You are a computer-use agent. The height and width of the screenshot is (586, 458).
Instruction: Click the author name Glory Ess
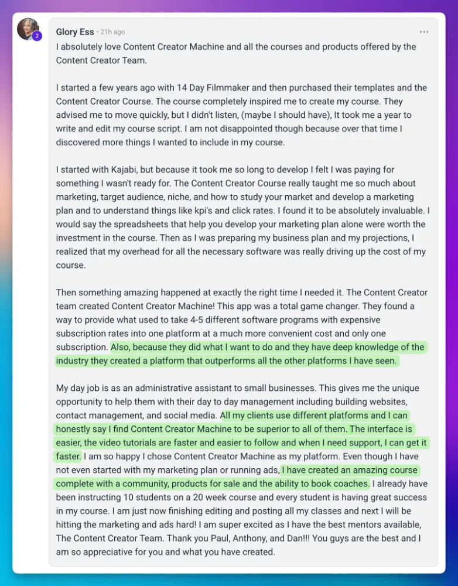[75, 32]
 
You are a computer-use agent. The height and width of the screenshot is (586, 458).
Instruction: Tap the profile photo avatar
[28, 29]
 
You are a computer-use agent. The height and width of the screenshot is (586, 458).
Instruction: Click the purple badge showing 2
[37, 36]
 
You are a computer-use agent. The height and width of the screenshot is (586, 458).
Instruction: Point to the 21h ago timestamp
[112, 32]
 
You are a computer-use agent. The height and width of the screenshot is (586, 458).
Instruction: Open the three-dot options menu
[424, 32]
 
